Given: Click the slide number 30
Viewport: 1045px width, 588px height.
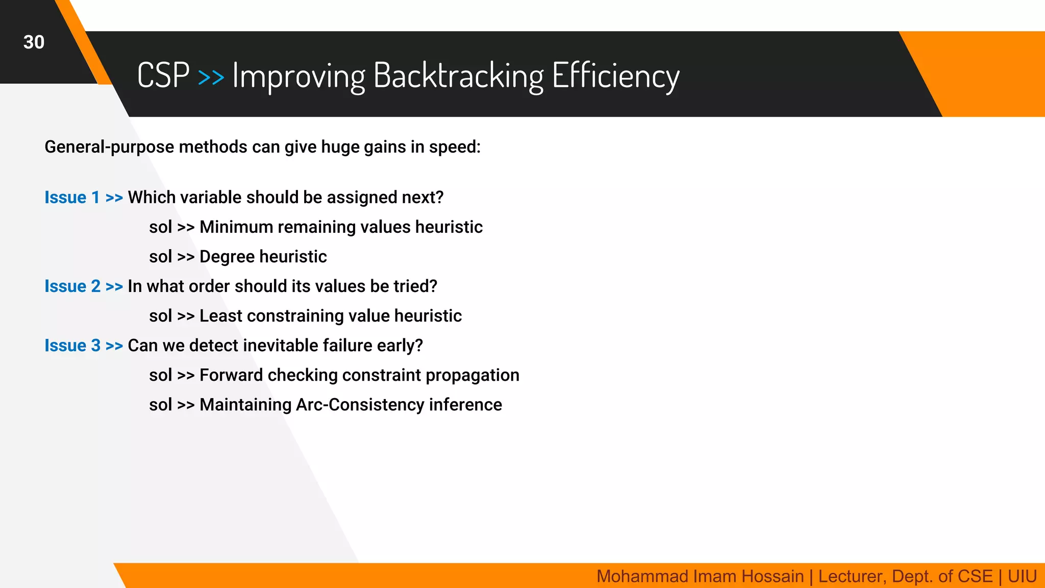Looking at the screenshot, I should coord(34,42).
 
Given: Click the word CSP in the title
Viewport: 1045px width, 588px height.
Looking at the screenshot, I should coord(163,76).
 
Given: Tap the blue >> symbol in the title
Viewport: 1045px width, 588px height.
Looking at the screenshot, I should coord(211,77).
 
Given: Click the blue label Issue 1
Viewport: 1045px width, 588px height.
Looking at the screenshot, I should coord(72,198).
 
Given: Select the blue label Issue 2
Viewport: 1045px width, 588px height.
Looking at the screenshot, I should coord(72,286).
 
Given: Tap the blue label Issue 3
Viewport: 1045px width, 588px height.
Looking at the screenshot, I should coord(72,346).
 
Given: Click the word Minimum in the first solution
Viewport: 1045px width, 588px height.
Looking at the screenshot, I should coord(236,227).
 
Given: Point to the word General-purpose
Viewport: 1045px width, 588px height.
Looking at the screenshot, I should coord(109,147).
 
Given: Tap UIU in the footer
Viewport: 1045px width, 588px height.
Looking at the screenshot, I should coord(1022,576).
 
